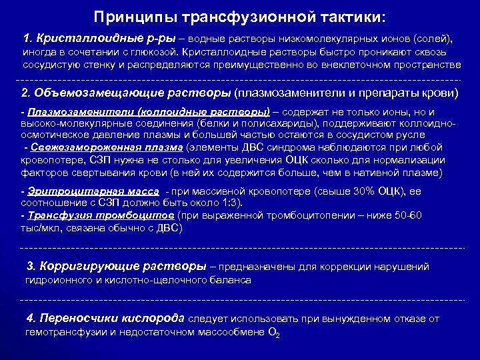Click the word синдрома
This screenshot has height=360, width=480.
301,147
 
